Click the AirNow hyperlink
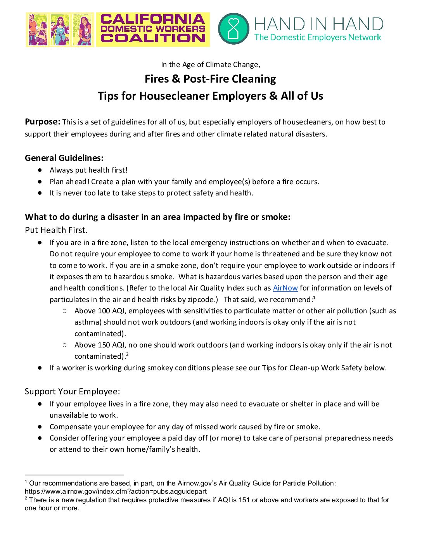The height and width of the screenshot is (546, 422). click(x=285, y=288)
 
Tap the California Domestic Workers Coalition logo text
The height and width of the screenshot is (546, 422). click(x=153, y=29)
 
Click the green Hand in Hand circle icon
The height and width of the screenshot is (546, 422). click(x=233, y=29)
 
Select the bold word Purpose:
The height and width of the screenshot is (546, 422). click(x=43, y=122)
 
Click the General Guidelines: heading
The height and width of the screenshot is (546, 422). click(x=64, y=158)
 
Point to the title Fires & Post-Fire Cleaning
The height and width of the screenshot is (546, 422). click(x=210, y=79)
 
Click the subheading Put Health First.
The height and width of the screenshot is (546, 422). click(x=56, y=230)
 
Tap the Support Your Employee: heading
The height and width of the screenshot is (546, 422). click(x=73, y=391)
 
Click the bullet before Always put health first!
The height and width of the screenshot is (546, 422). click(x=40, y=170)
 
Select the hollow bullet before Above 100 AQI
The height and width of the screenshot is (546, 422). click(x=65, y=311)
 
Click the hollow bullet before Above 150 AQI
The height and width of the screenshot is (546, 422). click(x=65, y=345)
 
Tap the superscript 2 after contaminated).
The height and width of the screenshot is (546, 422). click(x=127, y=354)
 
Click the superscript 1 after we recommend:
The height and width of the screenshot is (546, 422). click(x=314, y=297)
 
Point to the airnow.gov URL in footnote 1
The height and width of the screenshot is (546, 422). click(x=116, y=491)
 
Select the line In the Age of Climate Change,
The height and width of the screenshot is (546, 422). click(x=211, y=64)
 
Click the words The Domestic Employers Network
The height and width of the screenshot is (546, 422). click(x=318, y=38)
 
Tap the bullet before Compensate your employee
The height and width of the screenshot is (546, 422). click(x=40, y=427)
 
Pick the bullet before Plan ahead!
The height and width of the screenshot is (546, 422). click(x=40, y=181)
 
